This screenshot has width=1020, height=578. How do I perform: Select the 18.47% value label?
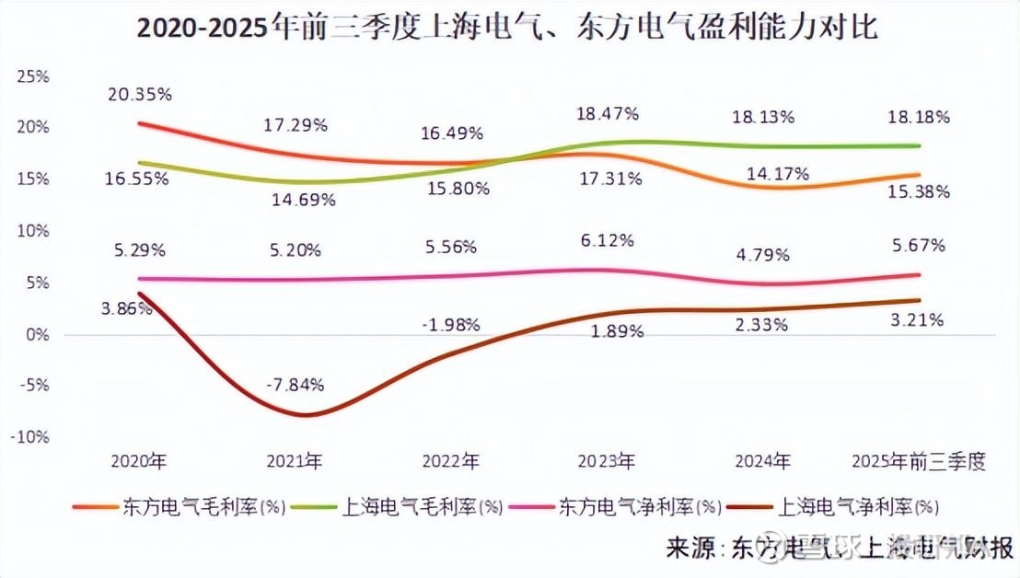(608, 114)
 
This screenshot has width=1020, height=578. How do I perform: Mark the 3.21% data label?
(918, 319)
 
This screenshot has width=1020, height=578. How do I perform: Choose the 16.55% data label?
(137, 179)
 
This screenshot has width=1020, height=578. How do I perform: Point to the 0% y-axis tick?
(38, 333)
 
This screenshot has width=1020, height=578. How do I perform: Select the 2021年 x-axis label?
(294, 460)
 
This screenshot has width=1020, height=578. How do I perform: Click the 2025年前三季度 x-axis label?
(919, 460)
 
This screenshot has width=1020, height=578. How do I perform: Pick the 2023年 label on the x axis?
(606, 460)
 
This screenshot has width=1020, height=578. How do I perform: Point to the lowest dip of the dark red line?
(304, 415)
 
